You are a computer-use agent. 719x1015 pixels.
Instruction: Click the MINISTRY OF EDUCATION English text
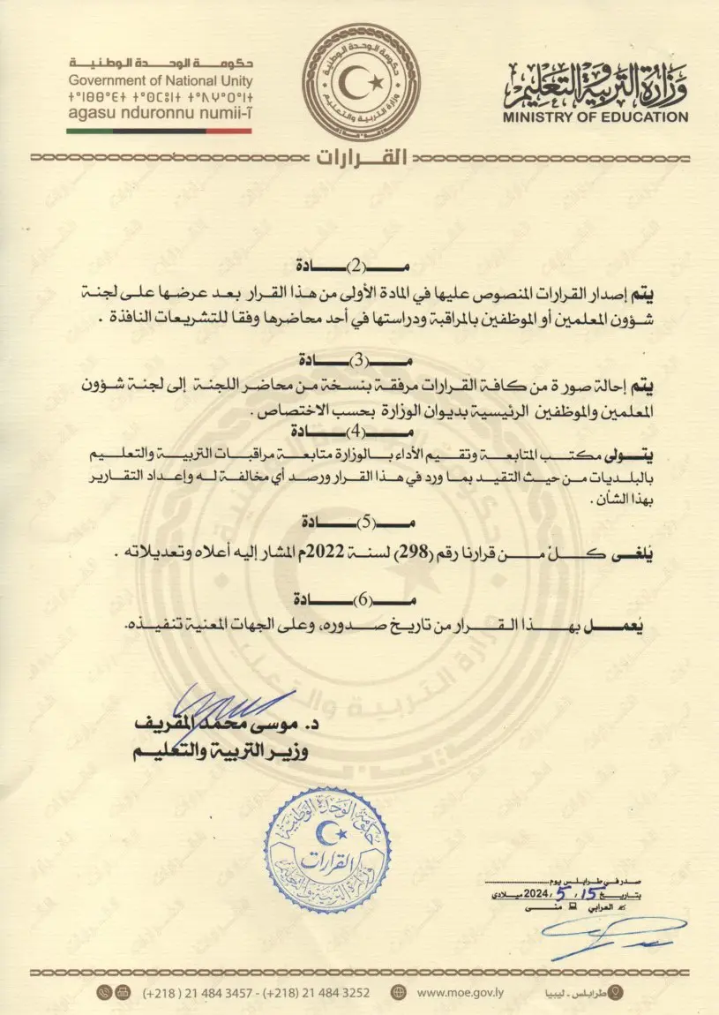pos(596,117)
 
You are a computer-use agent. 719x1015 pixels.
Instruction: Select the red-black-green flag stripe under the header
pos(159,131)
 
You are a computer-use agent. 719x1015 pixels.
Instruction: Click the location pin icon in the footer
pos(617,992)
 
